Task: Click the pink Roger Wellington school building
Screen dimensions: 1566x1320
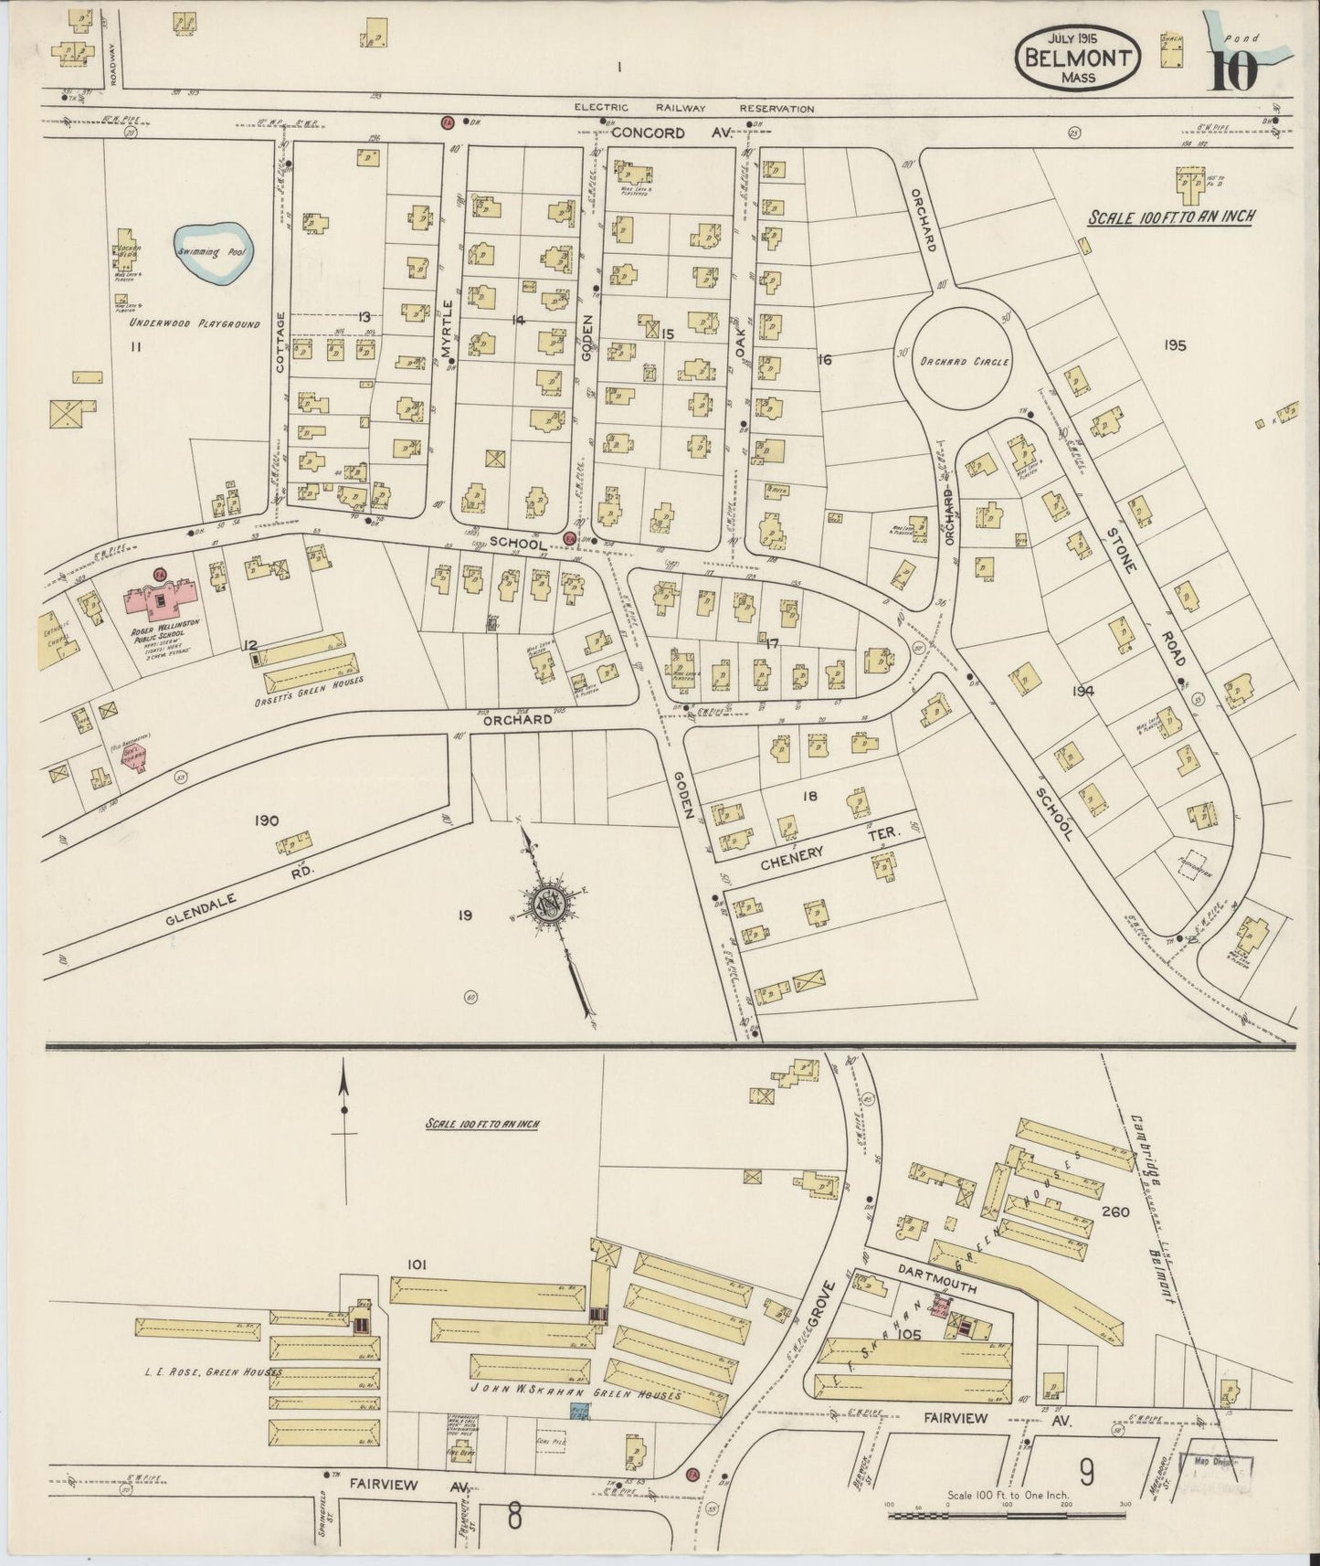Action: click(x=164, y=599)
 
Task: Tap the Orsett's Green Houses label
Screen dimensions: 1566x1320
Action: click(x=308, y=681)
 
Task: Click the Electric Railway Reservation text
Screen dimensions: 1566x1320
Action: click(x=693, y=108)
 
